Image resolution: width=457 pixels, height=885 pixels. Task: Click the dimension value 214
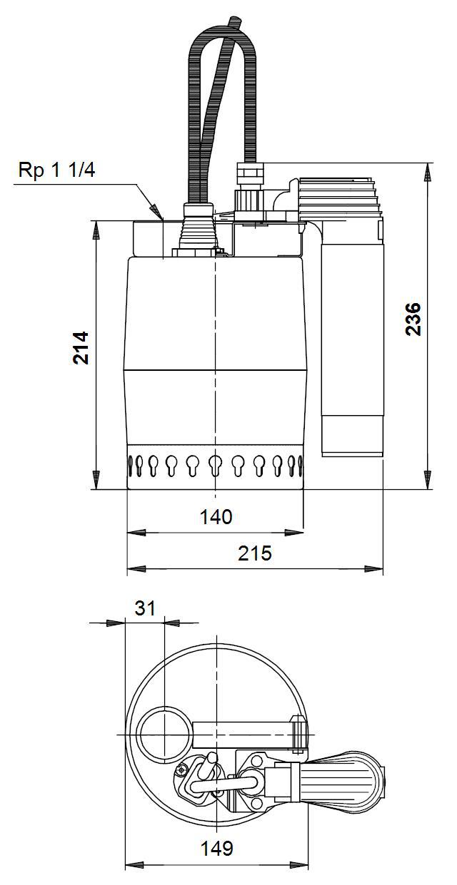[x=81, y=347]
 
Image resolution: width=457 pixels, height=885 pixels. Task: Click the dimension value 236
[x=413, y=319]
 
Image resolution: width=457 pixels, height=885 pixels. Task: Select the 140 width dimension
[x=216, y=516]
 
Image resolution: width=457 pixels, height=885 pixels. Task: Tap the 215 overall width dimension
[x=255, y=553]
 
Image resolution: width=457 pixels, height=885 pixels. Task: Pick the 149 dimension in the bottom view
[x=217, y=848]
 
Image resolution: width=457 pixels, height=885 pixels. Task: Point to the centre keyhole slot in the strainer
[x=216, y=465]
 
